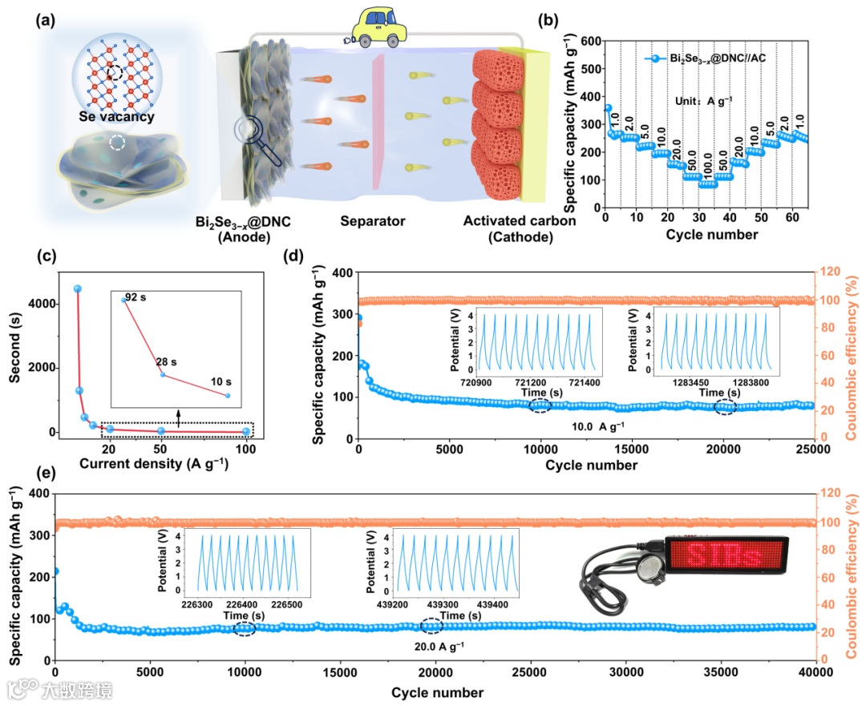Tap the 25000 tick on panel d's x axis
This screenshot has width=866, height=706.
click(813, 451)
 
